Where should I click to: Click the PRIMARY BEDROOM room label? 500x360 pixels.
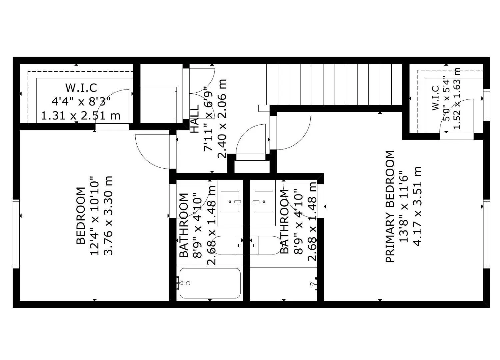coord(390,207)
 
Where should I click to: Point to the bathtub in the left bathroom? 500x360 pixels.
coord(210,283)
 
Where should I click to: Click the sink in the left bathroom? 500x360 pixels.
coord(230,202)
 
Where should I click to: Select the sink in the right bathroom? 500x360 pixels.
coord(264,202)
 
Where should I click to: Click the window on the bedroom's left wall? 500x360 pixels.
coord(16,233)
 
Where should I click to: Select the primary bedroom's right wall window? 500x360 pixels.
coord(486,233)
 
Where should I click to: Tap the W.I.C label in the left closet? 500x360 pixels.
coord(81,88)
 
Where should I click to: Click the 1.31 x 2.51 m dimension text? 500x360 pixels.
coord(81,116)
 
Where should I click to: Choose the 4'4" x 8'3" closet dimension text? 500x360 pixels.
coord(81,101)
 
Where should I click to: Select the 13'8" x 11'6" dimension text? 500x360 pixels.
coord(404,207)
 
